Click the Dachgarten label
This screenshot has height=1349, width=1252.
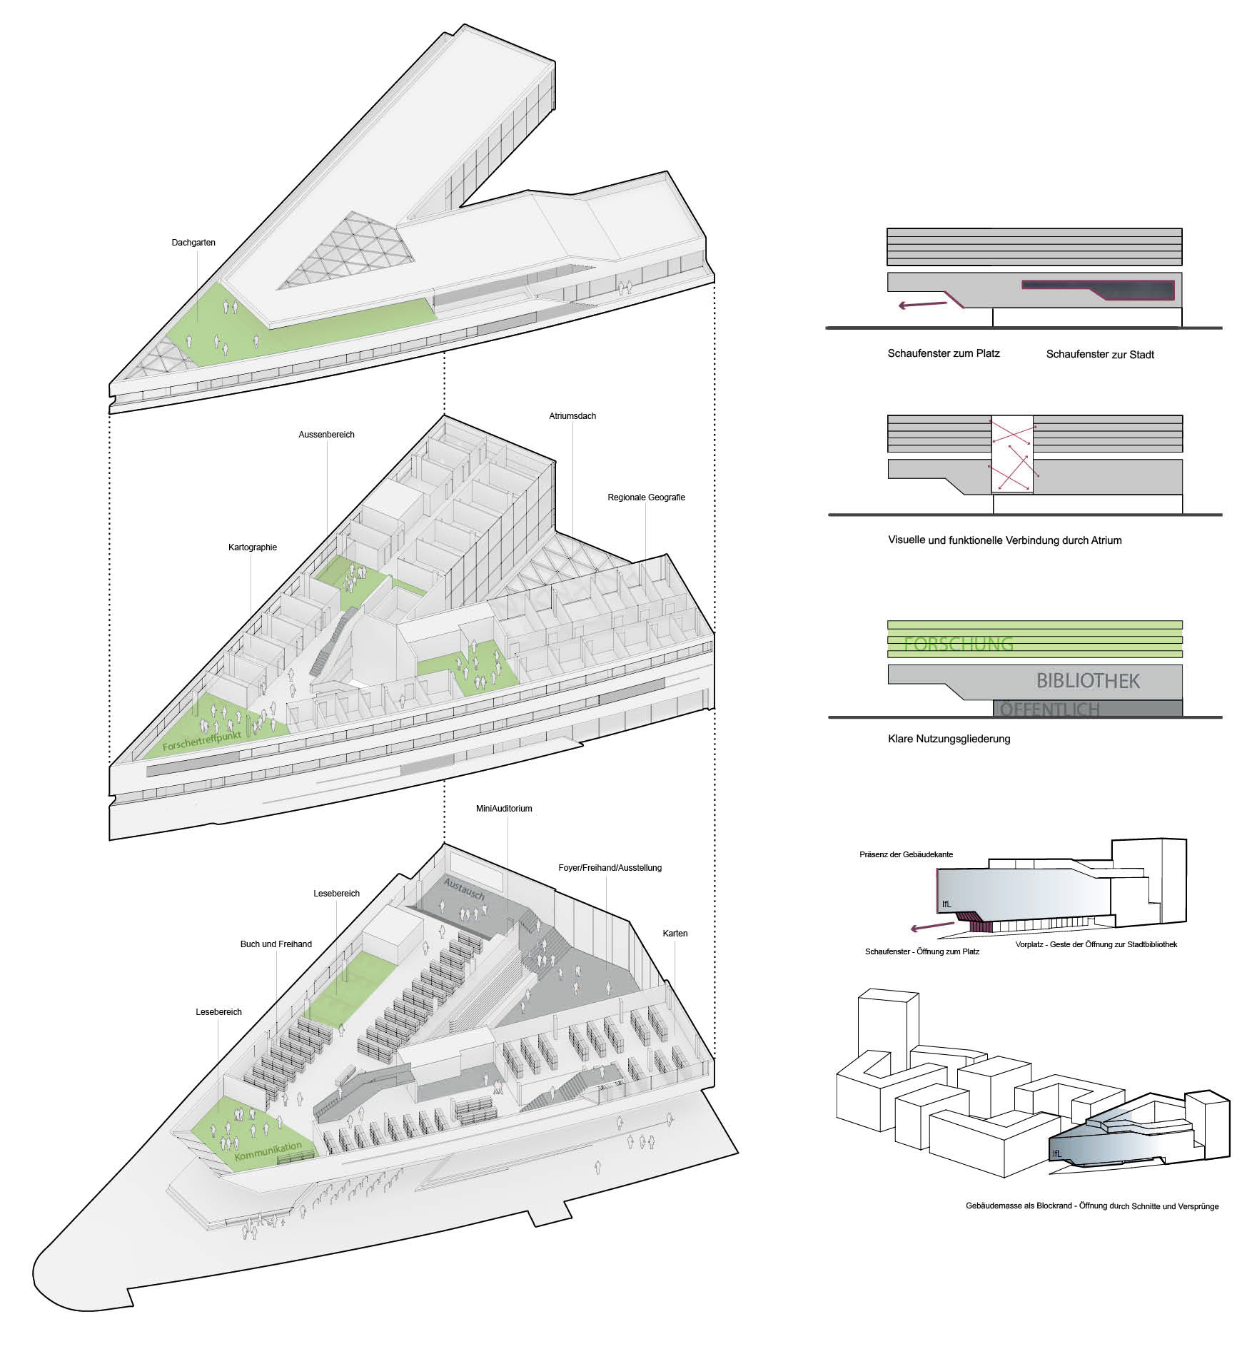pyautogui.click(x=193, y=243)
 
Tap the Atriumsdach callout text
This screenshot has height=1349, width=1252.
pyautogui.click(x=572, y=416)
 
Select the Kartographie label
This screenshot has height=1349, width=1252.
pyautogui.click(x=252, y=547)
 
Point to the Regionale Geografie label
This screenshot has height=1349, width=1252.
pyautogui.click(x=646, y=497)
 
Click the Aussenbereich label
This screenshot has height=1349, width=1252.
pyautogui.click(x=326, y=435)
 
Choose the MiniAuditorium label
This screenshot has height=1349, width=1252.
pyautogui.click(x=504, y=809)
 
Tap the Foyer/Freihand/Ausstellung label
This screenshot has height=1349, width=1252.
pyautogui.click(x=610, y=868)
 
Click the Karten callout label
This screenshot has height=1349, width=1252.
pyautogui.click(x=675, y=934)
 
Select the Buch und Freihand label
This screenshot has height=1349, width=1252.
pyautogui.click(x=276, y=944)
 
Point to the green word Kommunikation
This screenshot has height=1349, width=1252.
pyautogui.click(x=268, y=1151)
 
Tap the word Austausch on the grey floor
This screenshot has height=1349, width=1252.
pyautogui.click(x=464, y=889)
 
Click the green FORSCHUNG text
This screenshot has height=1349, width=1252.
pyautogui.click(x=958, y=644)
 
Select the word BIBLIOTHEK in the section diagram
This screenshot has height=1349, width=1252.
pyautogui.click(x=1088, y=681)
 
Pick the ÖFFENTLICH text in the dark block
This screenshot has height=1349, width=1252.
pyautogui.click(x=1049, y=709)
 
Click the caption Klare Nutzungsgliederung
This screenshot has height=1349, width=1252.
pyautogui.click(x=949, y=739)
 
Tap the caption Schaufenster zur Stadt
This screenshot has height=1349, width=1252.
pyautogui.click(x=1100, y=355)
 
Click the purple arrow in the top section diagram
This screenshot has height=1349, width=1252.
pyautogui.click(x=921, y=305)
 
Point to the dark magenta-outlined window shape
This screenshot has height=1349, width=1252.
pyautogui.click(x=1099, y=290)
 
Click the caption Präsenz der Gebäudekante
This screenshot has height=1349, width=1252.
pyautogui.click(x=906, y=854)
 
